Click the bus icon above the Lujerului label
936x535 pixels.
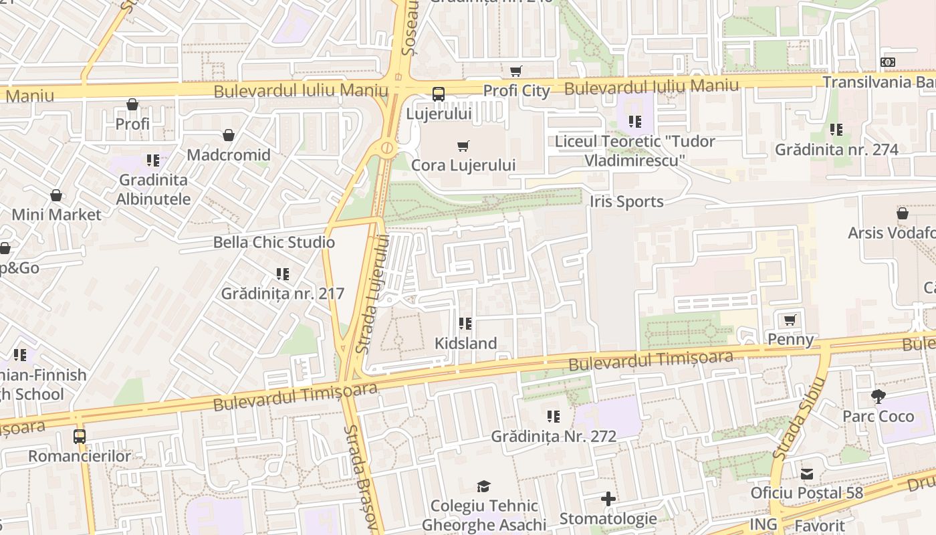439,94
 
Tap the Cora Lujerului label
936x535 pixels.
463,165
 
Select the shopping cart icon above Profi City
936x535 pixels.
516,71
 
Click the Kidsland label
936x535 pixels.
465,343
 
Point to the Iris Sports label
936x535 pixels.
626,201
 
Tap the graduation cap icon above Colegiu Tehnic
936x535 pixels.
483,486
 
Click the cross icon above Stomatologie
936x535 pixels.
608,499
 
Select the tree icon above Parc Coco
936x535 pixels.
879,397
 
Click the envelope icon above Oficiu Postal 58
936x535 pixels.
807,474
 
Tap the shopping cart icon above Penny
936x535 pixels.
790,320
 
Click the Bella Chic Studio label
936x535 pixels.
274,242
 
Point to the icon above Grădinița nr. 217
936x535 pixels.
283,274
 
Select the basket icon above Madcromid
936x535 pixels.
229,136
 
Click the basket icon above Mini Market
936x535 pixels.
56,195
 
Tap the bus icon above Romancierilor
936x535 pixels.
80,437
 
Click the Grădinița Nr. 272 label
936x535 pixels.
554,436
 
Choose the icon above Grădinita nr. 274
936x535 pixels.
836,130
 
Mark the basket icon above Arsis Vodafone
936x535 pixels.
902,213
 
